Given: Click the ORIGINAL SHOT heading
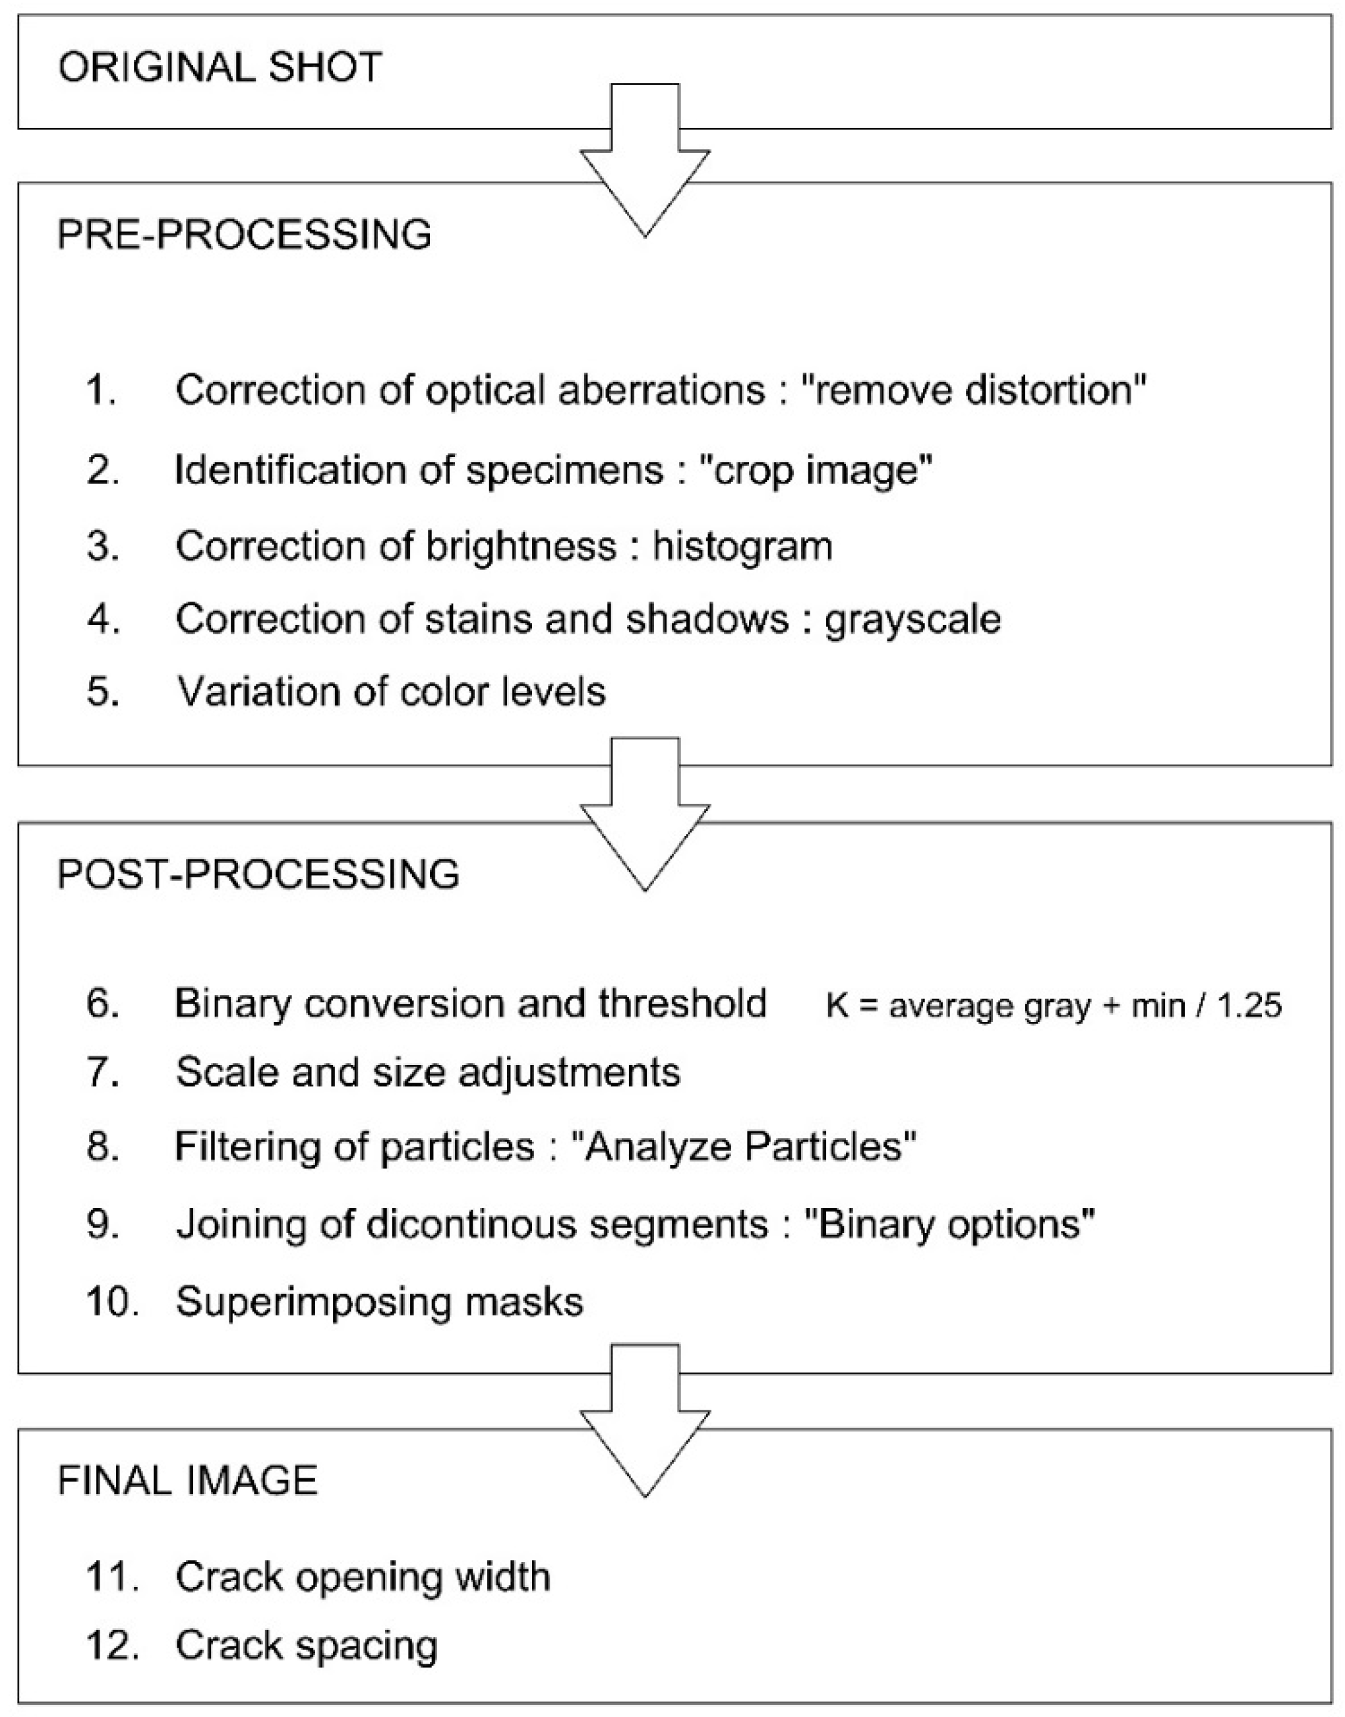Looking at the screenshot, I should pyautogui.click(x=220, y=68).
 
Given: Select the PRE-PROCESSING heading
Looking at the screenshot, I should pyautogui.click(x=244, y=235).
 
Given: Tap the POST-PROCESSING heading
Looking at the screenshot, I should pyautogui.click(x=258, y=874).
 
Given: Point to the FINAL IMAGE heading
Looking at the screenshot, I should pyautogui.click(x=187, y=1482).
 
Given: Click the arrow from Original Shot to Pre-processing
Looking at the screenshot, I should pyautogui.click(x=645, y=166).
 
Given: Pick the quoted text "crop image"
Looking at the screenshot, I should pyautogui.click(x=816, y=470).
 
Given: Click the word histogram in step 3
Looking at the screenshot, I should pyautogui.click(x=742, y=546).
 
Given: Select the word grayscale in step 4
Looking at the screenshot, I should pyautogui.click(x=912, y=619).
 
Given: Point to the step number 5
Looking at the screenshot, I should pyautogui.click(x=102, y=692).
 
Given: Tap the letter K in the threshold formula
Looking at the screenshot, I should pyautogui.click(x=836, y=1006).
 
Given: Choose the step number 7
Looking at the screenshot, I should pyautogui.click(x=102, y=1073).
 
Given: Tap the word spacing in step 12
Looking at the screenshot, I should pyautogui.click(x=377, y=1645).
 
